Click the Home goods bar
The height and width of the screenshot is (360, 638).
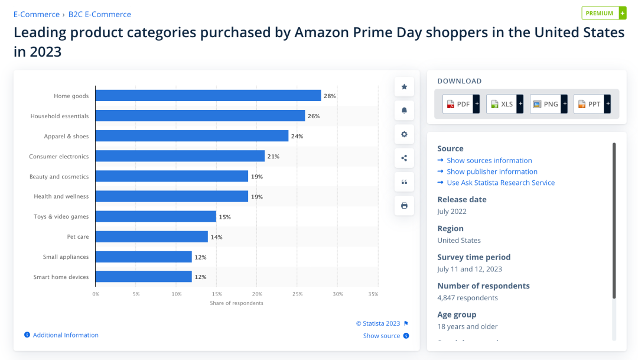click(x=208, y=96)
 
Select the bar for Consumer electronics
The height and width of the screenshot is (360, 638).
click(x=180, y=156)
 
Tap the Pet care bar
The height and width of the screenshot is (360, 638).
click(x=151, y=236)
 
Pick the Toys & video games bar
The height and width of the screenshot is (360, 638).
click(x=155, y=216)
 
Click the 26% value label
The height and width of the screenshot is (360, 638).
click(x=314, y=116)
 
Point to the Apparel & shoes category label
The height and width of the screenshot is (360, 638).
click(x=66, y=137)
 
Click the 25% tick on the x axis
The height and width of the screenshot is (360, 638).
click(x=297, y=294)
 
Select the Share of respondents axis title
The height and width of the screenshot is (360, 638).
click(x=236, y=303)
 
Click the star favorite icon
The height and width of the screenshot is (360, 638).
click(x=404, y=87)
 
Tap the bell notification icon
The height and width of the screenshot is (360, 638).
click(x=404, y=111)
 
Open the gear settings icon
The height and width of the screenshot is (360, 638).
click(x=404, y=134)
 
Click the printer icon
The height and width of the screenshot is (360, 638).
click(x=404, y=206)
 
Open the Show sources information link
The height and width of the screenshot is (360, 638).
click(x=489, y=160)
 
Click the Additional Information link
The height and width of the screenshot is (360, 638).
click(x=66, y=335)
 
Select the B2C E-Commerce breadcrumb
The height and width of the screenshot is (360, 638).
click(x=100, y=14)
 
